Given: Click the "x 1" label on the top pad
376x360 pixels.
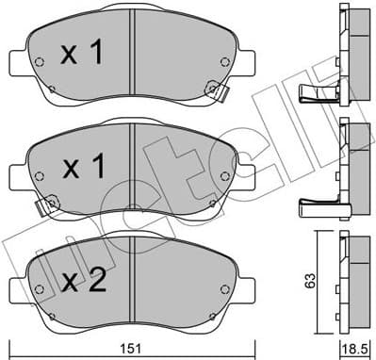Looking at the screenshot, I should (x=83, y=55).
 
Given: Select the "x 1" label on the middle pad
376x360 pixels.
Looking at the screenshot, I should (x=83, y=169).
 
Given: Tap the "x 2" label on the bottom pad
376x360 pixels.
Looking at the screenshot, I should (x=83, y=282).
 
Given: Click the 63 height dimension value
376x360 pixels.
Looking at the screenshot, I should (x=323, y=279).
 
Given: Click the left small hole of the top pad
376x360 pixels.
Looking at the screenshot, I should (x=39, y=64).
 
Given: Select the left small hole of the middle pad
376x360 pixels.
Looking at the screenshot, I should (x=39, y=178).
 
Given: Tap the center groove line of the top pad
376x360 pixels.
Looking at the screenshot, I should (x=136, y=55).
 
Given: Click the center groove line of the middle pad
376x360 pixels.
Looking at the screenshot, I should (x=136, y=169).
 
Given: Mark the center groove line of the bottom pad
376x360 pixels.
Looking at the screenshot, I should (x=136, y=282).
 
